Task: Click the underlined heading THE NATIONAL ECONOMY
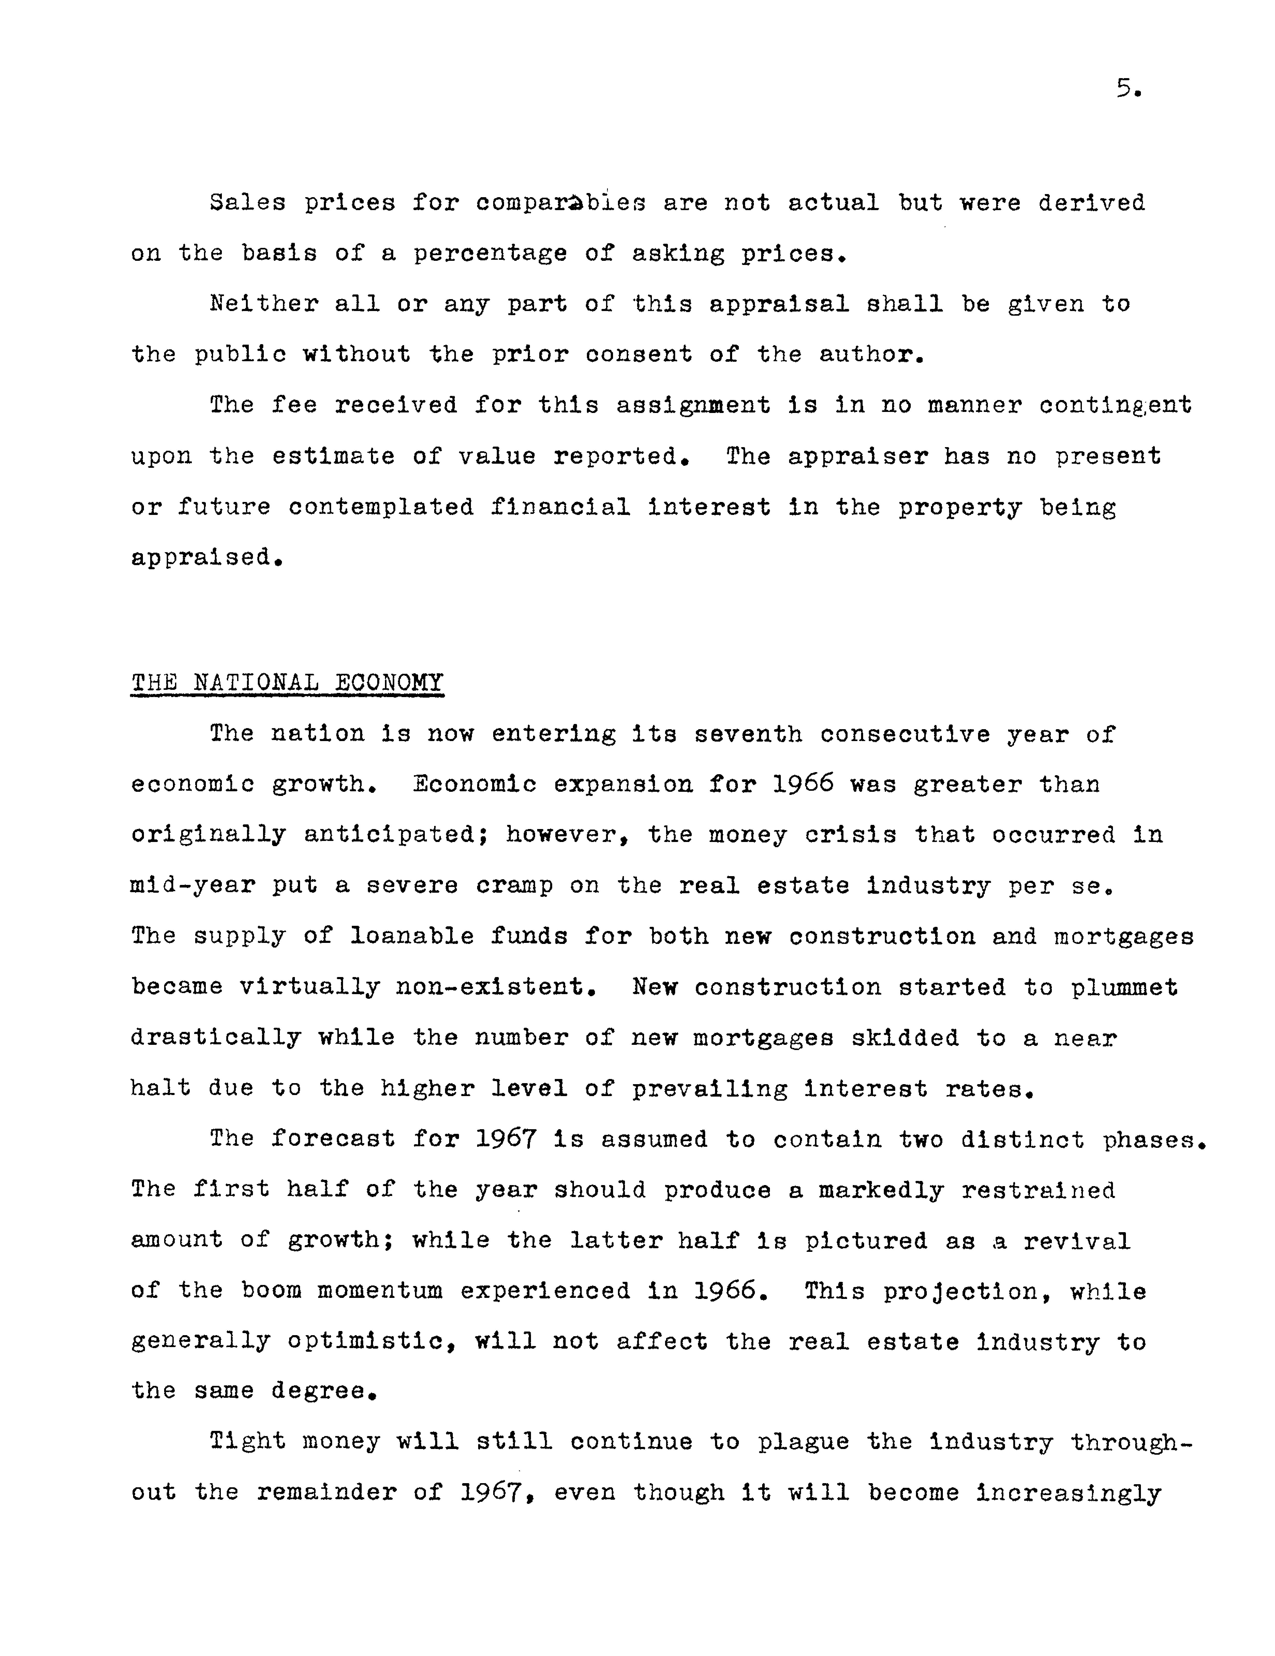[287, 682]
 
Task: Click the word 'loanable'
[412, 936]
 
